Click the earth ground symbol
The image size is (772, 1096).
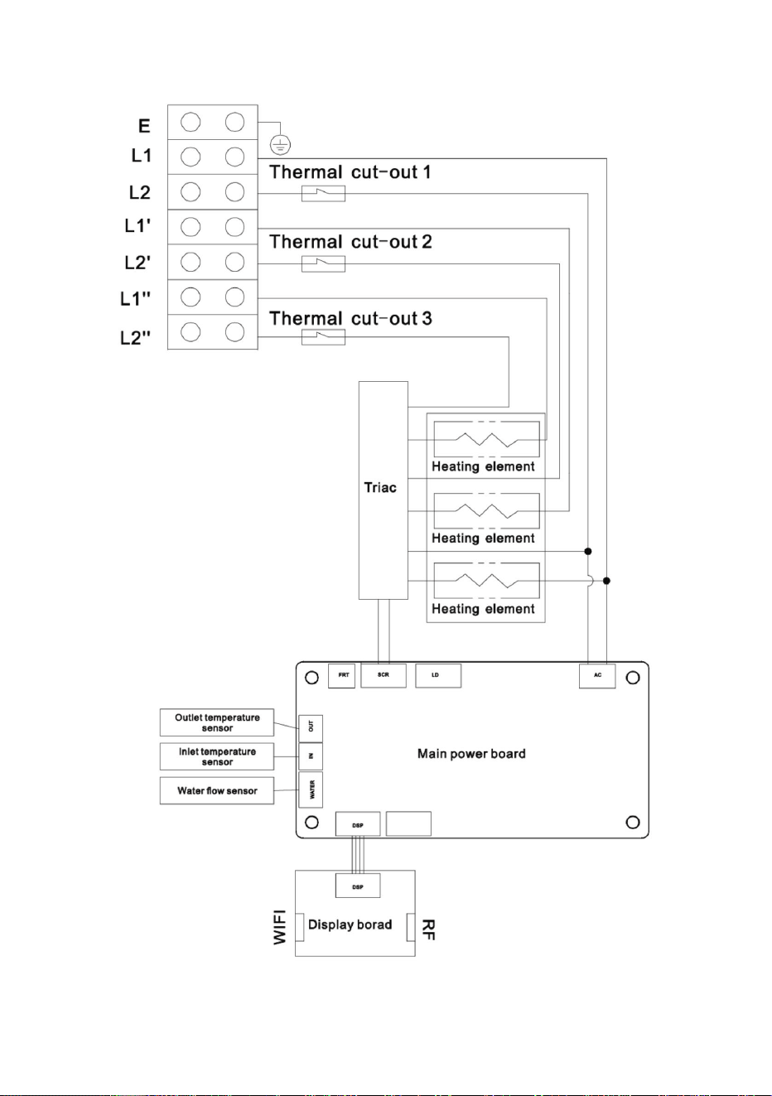tap(280, 144)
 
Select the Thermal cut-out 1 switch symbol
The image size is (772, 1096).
tap(323, 194)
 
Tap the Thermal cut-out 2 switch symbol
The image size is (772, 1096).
tap(323, 264)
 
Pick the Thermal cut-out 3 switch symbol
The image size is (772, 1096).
tap(323, 337)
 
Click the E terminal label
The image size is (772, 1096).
tap(144, 126)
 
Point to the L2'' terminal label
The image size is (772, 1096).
tap(136, 338)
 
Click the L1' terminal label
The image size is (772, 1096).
tap(138, 225)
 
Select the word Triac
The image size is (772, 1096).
tap(380, 488)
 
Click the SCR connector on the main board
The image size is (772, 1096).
tap(384, 675)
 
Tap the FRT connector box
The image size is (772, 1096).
tap(341, 675)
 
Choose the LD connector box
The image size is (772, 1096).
tap(438, 675)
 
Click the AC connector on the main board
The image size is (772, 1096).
tap(597, 676)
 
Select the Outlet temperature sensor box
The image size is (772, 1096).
tap(217, 722)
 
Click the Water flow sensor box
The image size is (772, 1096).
tap(217, 790)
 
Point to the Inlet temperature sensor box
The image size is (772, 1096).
tap(217, 756)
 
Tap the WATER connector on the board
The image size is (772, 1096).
tap(311, 789)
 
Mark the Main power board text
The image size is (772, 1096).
tap(471, 754)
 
